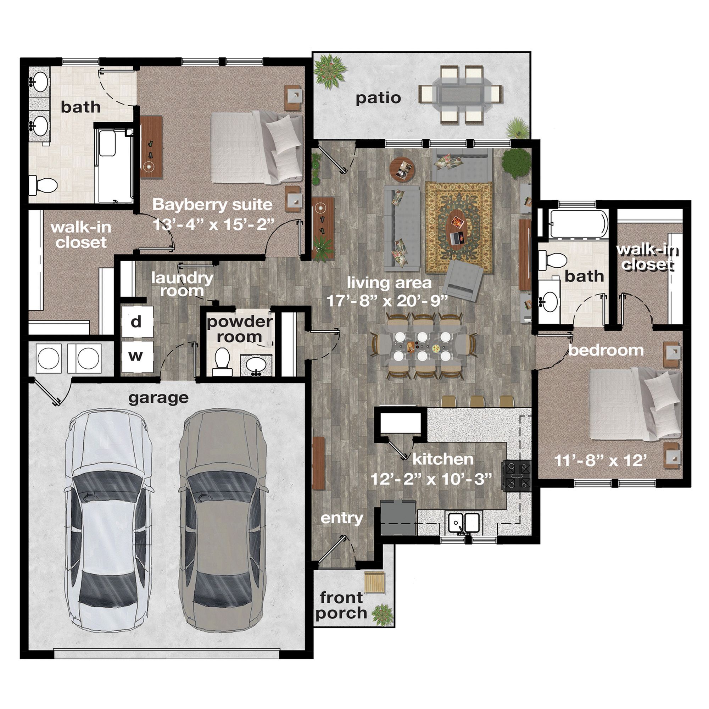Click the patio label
tap(378, 98)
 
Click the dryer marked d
tap(137, 322)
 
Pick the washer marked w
tap(137, 356)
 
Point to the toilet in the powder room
tap(221, 362)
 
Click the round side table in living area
tap(403, 169)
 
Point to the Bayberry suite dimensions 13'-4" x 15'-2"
tap(213, 224)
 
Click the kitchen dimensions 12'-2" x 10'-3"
tap(431, 479)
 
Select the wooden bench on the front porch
tap(374, 583)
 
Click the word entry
tap(342, 519)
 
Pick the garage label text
tap(158, 398)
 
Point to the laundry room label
tap(182, 284)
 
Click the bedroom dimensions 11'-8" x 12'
tap(601, 460)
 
